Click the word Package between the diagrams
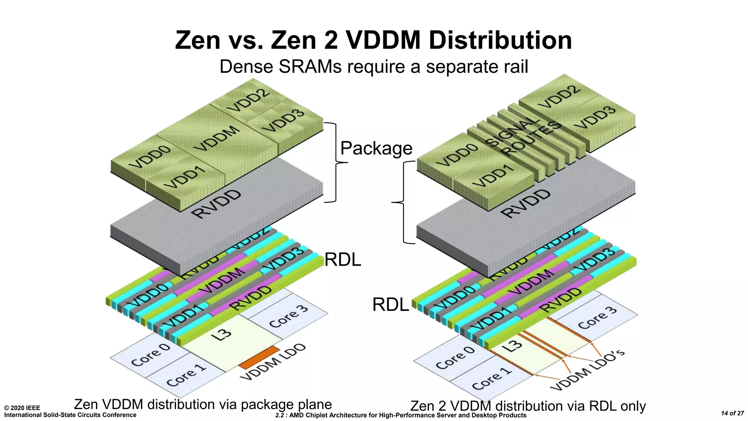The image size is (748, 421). pos(376,148)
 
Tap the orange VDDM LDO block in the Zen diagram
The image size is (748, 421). pos(260,357)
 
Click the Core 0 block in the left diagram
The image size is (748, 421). pos(150,354)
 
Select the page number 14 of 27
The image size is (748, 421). pos(732,413)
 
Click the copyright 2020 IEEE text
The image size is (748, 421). pos(22,408)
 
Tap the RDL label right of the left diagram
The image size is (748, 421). pos(343,260)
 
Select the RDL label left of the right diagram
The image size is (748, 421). pos(390,304)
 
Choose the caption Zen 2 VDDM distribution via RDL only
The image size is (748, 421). pos(528,406)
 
